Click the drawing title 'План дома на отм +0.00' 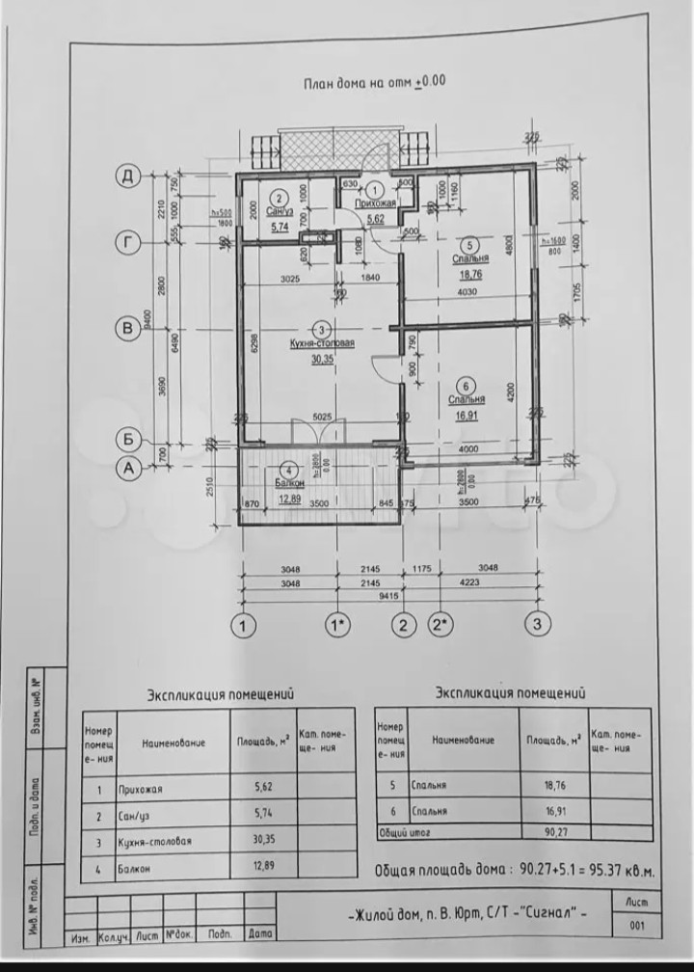pos(374,83)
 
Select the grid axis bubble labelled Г pos(127,242)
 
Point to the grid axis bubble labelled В pos(127,329)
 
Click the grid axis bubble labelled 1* pos(339,624)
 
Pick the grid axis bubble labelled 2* pos(440,624)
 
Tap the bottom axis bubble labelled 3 pos(538,624)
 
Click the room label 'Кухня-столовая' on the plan pos(322,343)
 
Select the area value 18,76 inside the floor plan pos(470,273)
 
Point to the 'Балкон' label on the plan pos(290,483)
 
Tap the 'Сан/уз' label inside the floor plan pos(280,212)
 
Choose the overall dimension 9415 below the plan pos(388,595)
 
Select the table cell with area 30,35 pos(262,840)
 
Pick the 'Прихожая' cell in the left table pos(141,788)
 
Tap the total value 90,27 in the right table pos(553,830)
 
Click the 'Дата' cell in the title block pos(259,934)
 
